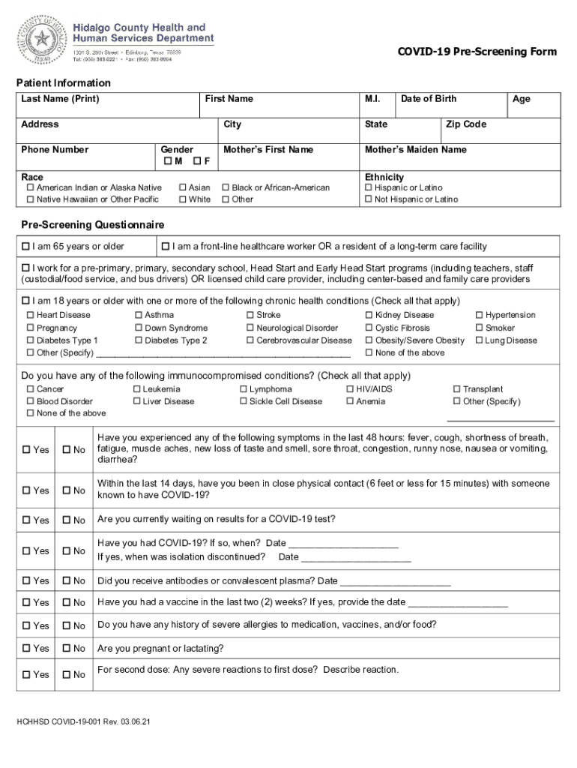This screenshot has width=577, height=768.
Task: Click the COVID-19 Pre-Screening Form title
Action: click(477, 52)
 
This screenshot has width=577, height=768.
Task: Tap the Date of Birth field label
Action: click(428, 99)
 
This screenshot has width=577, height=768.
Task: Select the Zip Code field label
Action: click(465, 124)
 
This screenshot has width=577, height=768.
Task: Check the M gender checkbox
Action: click(167, 162)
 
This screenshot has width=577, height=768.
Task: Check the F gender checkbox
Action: click(196, 162)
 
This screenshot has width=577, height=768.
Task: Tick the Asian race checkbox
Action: click(183, 187)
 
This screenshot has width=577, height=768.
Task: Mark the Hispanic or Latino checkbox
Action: click(369, 187)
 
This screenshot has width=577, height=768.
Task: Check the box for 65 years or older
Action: click(26, 247)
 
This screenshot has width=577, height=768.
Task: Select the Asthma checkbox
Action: click(139, 316)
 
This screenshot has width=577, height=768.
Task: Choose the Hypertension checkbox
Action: click(480, 316)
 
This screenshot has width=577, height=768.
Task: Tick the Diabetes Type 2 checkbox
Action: click(139, 340)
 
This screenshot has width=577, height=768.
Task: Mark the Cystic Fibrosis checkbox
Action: click(369, 328)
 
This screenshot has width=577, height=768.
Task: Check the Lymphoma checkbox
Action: click(244, 389)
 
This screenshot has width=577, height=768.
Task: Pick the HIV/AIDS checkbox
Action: click(350, 389)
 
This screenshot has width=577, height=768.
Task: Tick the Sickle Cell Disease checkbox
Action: click(244, 401)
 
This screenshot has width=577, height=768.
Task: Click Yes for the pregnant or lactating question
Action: click(26, 649)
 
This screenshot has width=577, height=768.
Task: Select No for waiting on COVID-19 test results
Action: click(67, 520)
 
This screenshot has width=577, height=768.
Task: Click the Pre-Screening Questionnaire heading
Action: click(93, 225)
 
